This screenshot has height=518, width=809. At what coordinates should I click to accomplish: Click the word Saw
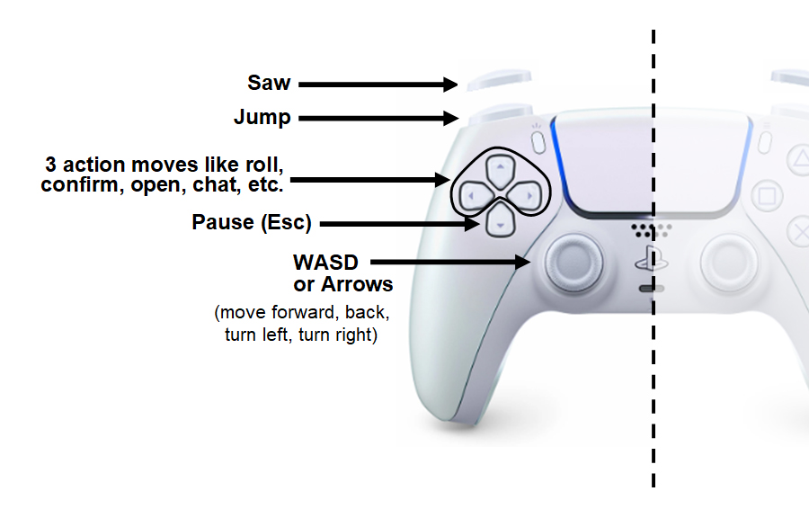coord(269,83)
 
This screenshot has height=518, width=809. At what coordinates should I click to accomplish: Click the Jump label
coord(262,118)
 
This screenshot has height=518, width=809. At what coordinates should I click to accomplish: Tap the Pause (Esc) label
coord(251,222)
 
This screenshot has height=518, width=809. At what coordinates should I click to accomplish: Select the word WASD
coord(325,263)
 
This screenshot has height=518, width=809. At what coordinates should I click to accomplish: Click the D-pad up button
coord(502,167)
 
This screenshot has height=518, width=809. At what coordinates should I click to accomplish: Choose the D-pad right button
coord(528,194)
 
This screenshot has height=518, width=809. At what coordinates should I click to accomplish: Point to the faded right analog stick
coord(734,262)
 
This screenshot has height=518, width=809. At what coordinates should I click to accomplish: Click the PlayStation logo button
coord(650,260)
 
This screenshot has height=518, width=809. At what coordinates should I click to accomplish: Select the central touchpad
coord(653,162)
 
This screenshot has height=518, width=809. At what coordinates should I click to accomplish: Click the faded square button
coord(766,194)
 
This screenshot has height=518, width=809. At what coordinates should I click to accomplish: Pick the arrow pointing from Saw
coord(378,85)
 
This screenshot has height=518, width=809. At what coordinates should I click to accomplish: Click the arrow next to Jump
coord(378,118)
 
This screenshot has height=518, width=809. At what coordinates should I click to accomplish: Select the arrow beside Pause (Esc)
coord(400,222)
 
